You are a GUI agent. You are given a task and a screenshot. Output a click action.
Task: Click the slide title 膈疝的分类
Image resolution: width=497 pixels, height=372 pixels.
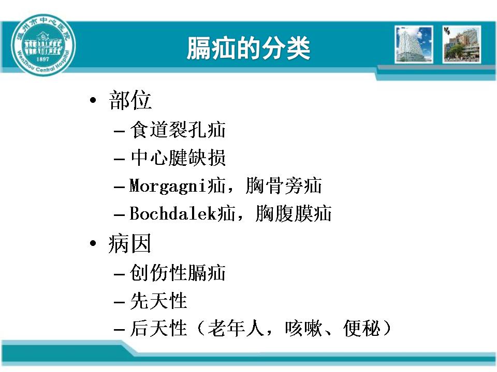click(248, 48)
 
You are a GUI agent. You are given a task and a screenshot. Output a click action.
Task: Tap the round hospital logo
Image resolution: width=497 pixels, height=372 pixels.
click(43, 45)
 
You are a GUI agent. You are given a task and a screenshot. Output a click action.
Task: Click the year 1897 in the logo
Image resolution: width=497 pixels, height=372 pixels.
click(43, 59)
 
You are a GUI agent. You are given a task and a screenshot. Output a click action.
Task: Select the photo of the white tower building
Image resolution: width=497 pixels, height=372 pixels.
click(414, 44)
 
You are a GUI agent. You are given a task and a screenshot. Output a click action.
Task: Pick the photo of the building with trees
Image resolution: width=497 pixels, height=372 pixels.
click(461, 44)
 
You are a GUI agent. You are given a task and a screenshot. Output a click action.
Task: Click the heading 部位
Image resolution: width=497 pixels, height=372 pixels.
click(130, 100)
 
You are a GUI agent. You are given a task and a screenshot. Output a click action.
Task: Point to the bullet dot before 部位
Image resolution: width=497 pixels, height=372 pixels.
click(93, 101)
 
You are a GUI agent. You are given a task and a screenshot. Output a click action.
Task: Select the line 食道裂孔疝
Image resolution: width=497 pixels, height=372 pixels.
click(178, 130)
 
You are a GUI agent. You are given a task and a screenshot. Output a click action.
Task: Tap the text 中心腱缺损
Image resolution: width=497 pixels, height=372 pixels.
click(178, 158)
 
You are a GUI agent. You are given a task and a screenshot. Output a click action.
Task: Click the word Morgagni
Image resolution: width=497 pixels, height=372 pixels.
click(169, 186)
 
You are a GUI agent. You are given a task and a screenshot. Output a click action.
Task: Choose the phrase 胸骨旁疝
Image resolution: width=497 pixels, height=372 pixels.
click(284, 185)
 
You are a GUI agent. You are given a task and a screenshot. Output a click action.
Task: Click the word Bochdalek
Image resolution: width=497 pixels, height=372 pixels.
click(173, 213)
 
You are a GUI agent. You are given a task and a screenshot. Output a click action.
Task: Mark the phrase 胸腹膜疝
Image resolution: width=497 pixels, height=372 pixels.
click(294, 213)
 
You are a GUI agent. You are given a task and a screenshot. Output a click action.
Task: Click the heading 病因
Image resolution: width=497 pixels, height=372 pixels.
click(129, 243)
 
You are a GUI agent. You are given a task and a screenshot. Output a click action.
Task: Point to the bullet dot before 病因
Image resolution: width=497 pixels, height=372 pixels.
click(93, 243)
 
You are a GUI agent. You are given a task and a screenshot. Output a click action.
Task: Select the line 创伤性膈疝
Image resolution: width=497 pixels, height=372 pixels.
click(178, 272)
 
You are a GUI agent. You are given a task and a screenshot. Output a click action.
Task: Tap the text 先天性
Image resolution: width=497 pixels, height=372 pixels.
click(158, 301)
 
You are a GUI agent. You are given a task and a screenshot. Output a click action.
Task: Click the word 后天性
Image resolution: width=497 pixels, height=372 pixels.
click(158, 329)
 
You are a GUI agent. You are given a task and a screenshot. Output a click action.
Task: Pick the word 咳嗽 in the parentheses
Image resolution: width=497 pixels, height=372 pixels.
click(303, 329)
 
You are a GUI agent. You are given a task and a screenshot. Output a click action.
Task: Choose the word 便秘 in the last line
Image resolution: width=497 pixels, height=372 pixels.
click(361, 329)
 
